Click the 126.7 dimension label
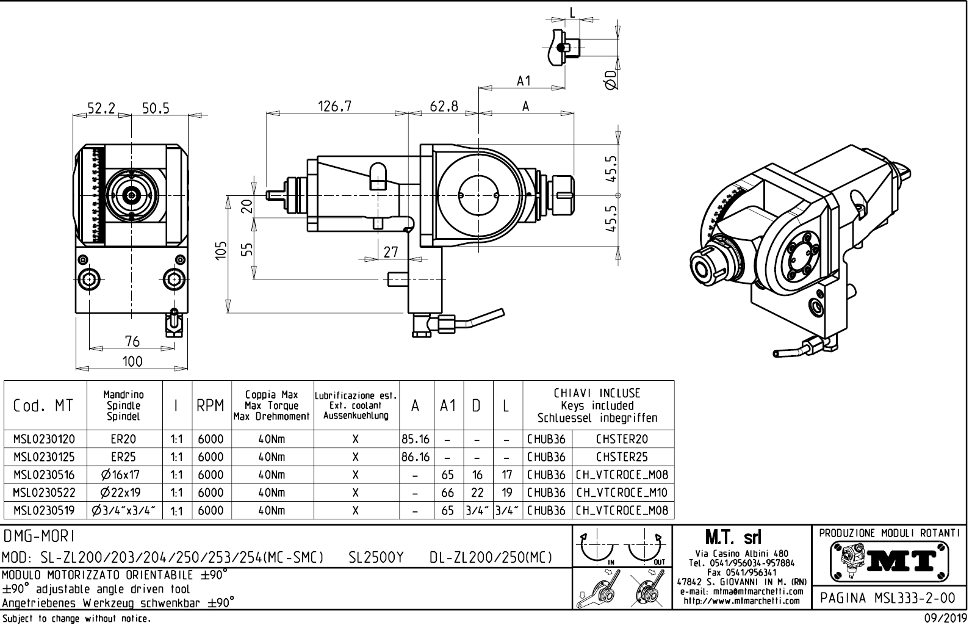point(335,106)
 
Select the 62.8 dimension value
point(444,106)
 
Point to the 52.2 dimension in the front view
point(101,109)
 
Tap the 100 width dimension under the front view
point(132,361)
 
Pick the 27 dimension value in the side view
point(391,251)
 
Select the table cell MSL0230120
point(45,439)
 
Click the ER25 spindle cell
point(124,457)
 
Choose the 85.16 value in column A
point(415,439)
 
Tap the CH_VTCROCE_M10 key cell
point(622,493)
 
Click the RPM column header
point(211,406)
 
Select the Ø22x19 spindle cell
point(124,493)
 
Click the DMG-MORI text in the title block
point(38,536)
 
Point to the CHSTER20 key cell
point(622,439)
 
